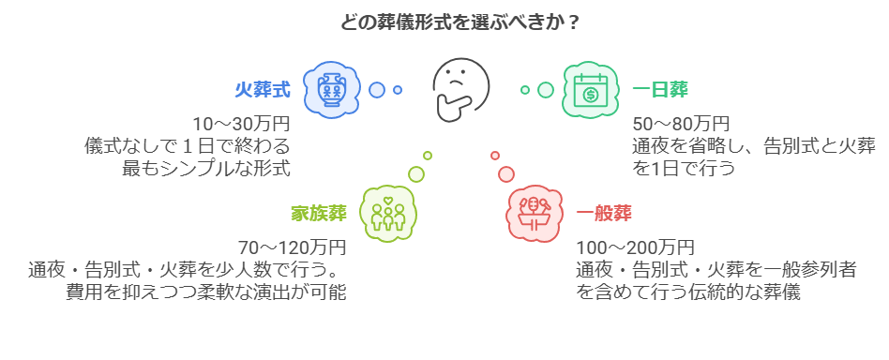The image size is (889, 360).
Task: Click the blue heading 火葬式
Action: click(262, 90)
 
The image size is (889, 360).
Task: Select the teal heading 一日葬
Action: click(660, 90)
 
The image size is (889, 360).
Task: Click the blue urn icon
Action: click(331, 90)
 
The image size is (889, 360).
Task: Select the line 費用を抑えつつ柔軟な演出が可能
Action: click(205, 292)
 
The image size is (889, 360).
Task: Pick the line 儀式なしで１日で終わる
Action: click(187, 146)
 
